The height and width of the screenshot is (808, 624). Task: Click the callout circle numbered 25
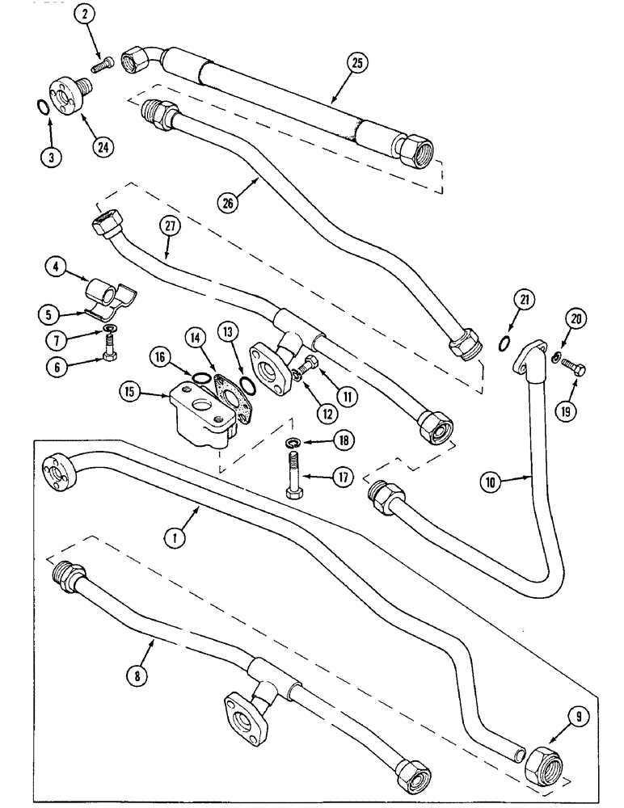tap(355, 61)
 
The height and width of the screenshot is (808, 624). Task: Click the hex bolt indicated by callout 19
tap(576, 370)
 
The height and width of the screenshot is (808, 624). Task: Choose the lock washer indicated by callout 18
tap(295, 443)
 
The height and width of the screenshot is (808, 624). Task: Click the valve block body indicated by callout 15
tap(202, 412)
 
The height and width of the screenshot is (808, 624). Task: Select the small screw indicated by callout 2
tap(100, 62)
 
